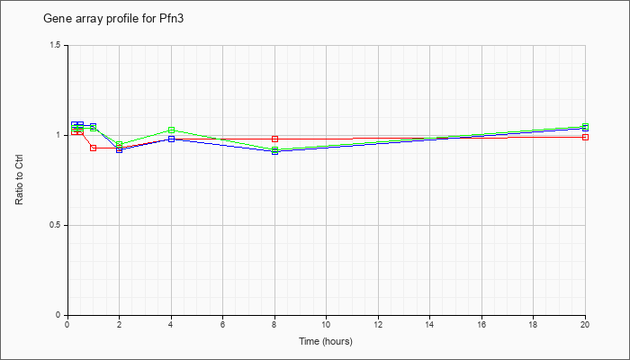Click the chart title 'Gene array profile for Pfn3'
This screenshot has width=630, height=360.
[113, 19]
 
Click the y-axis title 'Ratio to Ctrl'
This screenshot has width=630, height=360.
[19, 180]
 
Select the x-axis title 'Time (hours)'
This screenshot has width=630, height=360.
[326, 341]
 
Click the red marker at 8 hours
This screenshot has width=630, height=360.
[274, 139]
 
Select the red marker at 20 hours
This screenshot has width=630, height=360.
[585, 137]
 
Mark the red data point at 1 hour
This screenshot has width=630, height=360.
[94, 148]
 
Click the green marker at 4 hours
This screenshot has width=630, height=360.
[172, 130]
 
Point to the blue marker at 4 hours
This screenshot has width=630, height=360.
[172, 139]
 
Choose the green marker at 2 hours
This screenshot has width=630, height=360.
[119, 144]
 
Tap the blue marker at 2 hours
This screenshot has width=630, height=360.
[119, 149]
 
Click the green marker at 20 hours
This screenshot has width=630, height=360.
[585, 126]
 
